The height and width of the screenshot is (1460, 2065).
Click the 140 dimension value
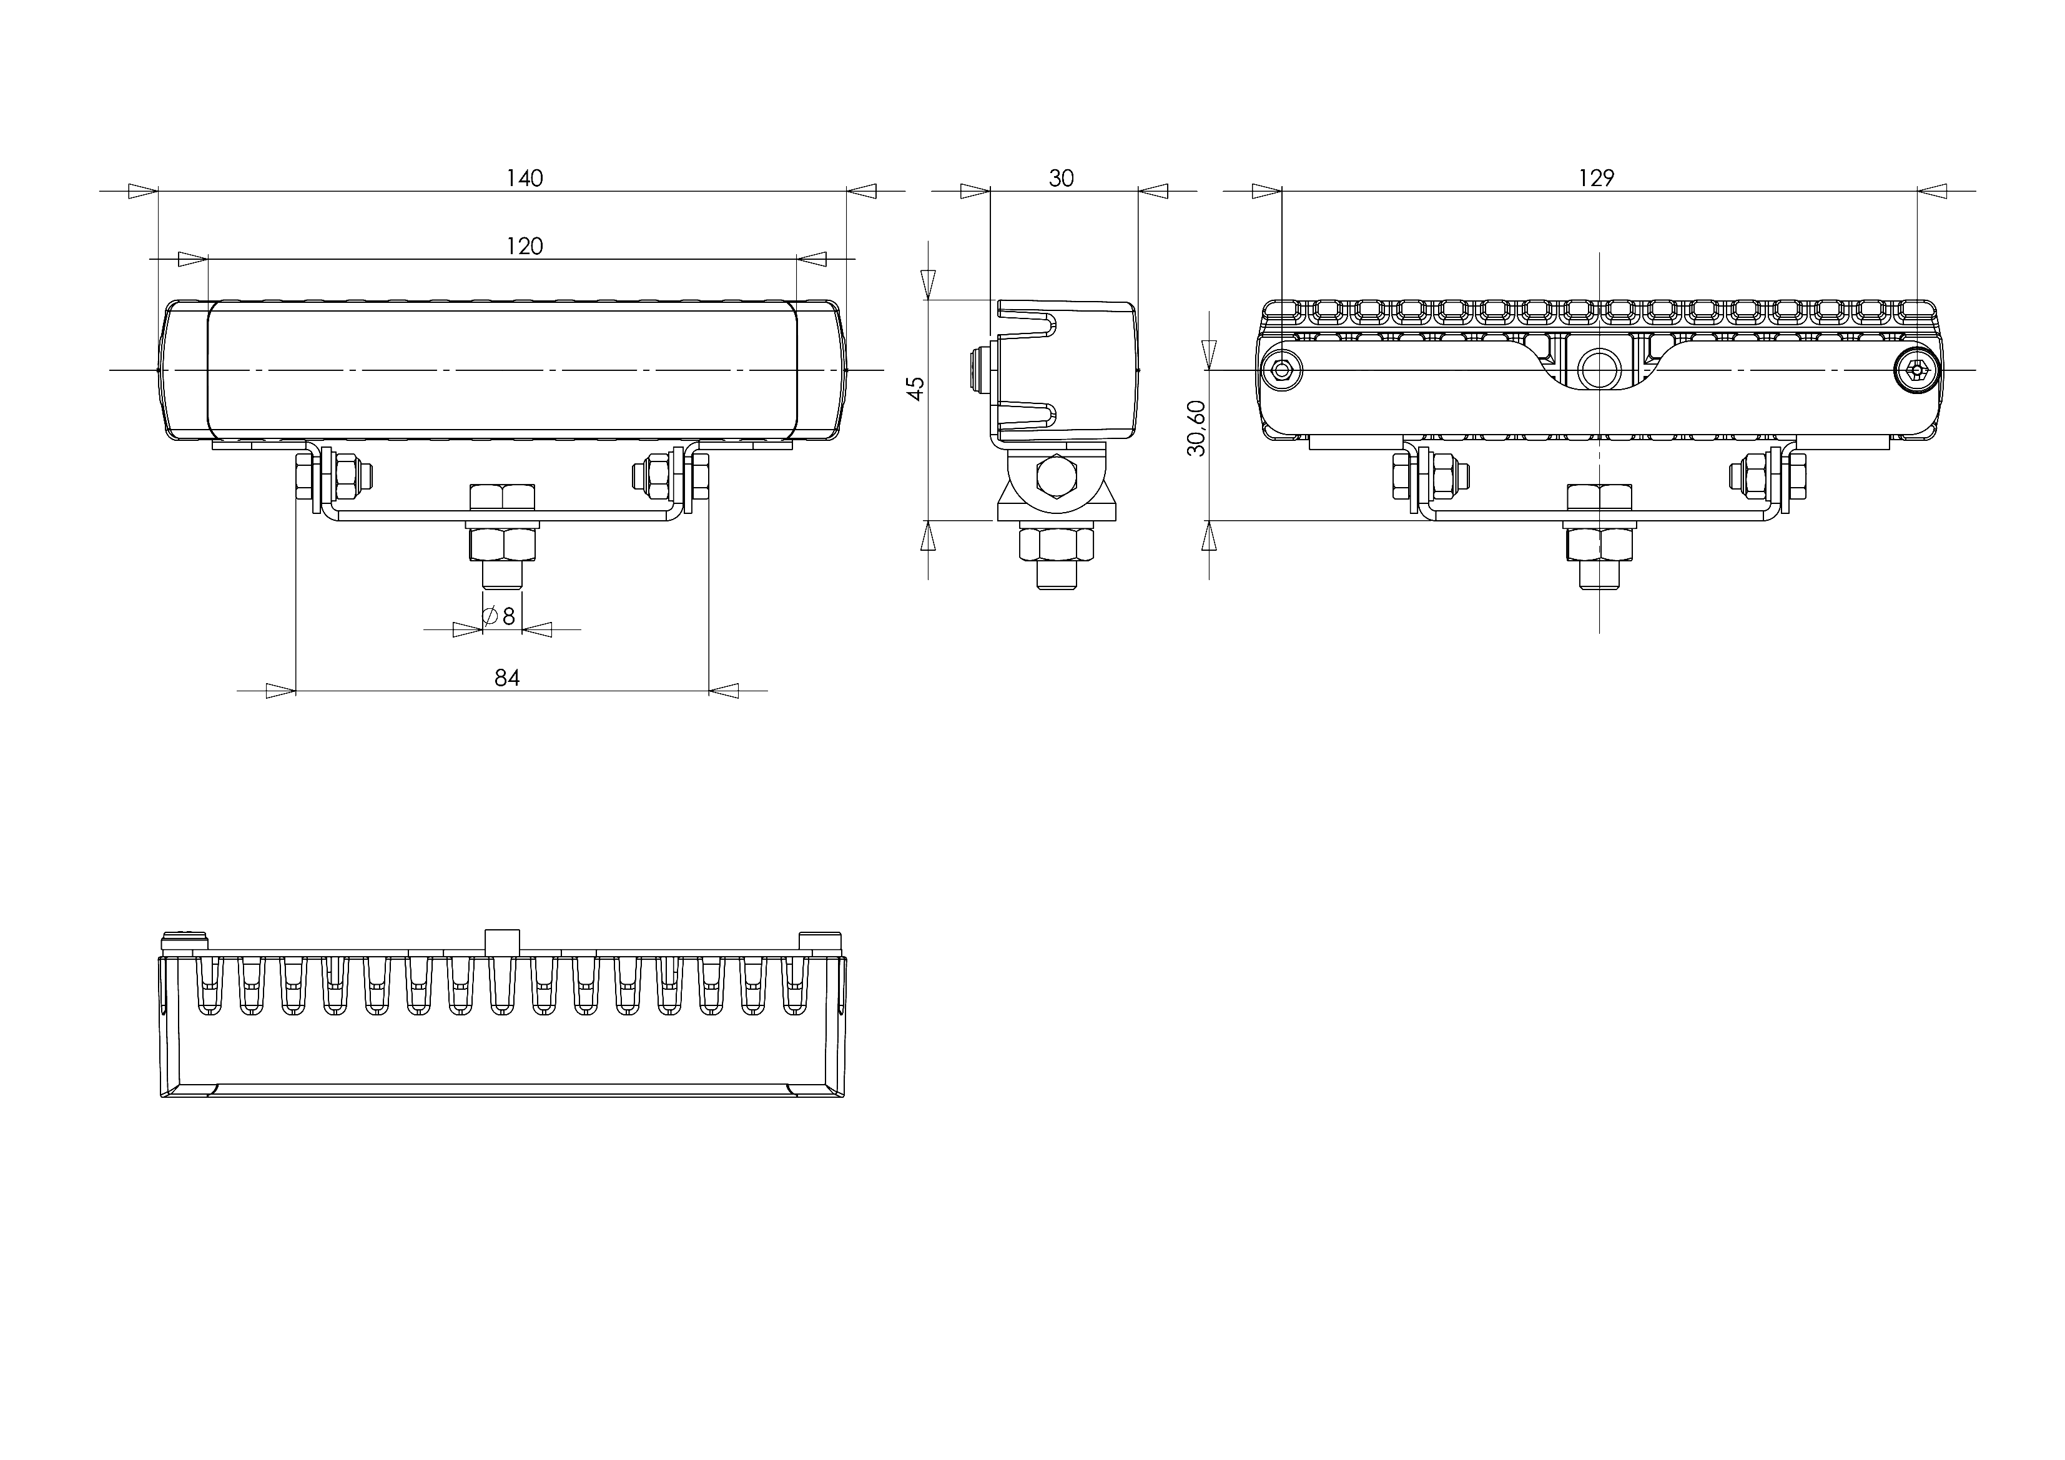525,178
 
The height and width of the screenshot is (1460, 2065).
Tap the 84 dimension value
507,678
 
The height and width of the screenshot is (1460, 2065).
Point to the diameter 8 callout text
500,616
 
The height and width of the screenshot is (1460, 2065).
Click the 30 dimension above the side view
1062,178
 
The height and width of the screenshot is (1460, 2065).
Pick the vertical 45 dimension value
915,388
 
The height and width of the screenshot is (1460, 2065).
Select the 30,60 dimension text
1196,428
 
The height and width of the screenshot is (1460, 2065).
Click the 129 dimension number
1597,178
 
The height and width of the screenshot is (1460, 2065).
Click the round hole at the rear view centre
1599,370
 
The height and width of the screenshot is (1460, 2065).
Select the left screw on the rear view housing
1281,370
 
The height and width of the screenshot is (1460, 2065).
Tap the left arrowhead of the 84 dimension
282,691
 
